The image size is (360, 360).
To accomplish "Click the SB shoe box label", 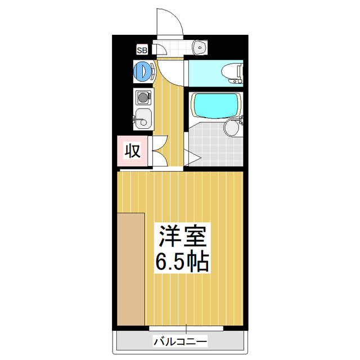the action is tap(142, 50).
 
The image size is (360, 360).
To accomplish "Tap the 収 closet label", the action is tap(133, 151).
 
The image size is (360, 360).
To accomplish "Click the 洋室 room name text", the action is tap(183, 236).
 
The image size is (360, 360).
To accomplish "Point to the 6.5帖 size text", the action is tap(182, 262).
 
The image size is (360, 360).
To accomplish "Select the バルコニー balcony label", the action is tap(180, 341).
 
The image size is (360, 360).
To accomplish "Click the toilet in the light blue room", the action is tap(232, 74).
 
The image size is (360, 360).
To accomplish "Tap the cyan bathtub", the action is tap(215, 105).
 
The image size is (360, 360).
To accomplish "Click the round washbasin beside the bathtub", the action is tap(232, 128).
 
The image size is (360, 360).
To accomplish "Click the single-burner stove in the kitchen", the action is tap(143, 97).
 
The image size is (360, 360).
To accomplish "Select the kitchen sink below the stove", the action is tap(143, 119).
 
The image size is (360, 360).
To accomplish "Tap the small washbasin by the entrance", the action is tap(199, 47).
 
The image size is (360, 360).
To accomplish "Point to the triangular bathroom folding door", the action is tap(192, 157).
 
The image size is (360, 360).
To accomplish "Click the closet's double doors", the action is tap(160, 151).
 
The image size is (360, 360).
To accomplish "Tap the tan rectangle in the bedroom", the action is tap(131, 269).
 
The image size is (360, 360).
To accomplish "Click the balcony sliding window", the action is tap(186, 328).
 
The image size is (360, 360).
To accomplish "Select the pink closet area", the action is tap(132, 151).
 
